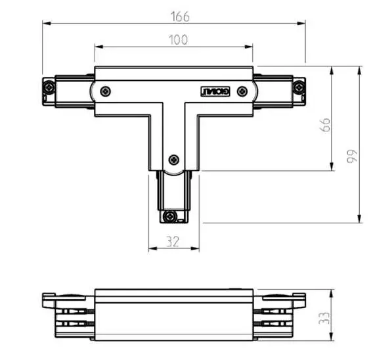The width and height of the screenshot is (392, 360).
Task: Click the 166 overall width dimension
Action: click(174, 14)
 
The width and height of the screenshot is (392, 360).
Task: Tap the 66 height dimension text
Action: click(324, 124)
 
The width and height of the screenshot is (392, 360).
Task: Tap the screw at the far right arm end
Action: click(299, 86)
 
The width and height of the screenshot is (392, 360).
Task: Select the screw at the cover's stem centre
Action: click(174, 158)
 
